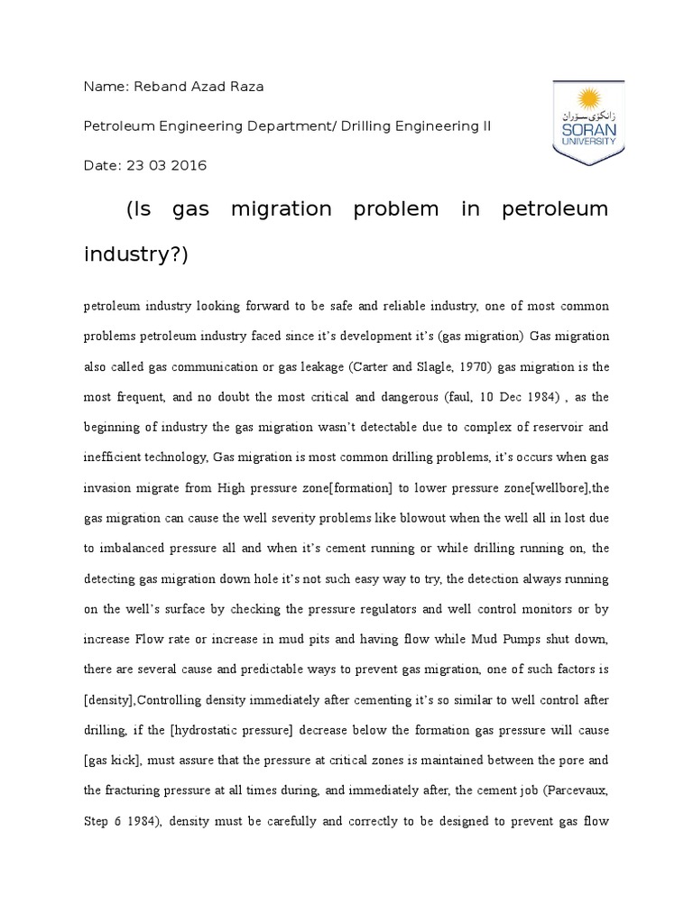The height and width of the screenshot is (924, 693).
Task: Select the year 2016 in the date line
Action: (x=191, y=165)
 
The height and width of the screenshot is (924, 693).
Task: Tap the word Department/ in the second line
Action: (x=291, y=126)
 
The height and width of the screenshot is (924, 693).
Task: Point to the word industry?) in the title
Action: (x=135, y=254)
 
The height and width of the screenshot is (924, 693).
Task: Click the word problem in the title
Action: (x=397, y=209)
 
